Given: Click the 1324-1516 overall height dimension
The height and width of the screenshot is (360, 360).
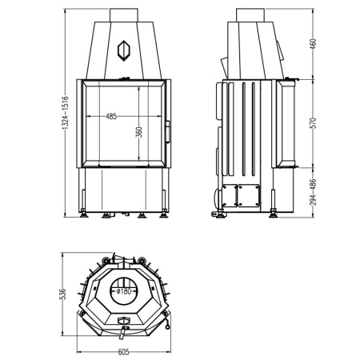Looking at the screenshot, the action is (x=66, y=113).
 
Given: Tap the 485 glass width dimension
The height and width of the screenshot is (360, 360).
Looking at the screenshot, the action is (x=111, y=116).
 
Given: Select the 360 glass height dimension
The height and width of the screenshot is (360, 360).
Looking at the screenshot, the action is (x=139, y=132).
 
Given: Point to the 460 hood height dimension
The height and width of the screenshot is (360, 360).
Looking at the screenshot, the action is (x=314, y=44).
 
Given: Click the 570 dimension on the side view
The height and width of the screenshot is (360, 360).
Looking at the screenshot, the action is (x=314, y=123).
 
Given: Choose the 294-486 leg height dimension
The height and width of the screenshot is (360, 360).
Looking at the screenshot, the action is (x=314, y=192).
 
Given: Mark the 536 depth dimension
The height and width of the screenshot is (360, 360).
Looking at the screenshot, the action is (x=62, y=294).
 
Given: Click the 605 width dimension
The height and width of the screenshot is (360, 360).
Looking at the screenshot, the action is (x=123, y=352).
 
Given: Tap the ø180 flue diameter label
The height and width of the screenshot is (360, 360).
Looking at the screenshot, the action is (x=124, y=291).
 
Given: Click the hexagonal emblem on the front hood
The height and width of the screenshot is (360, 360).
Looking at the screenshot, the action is (x=124, y=50).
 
